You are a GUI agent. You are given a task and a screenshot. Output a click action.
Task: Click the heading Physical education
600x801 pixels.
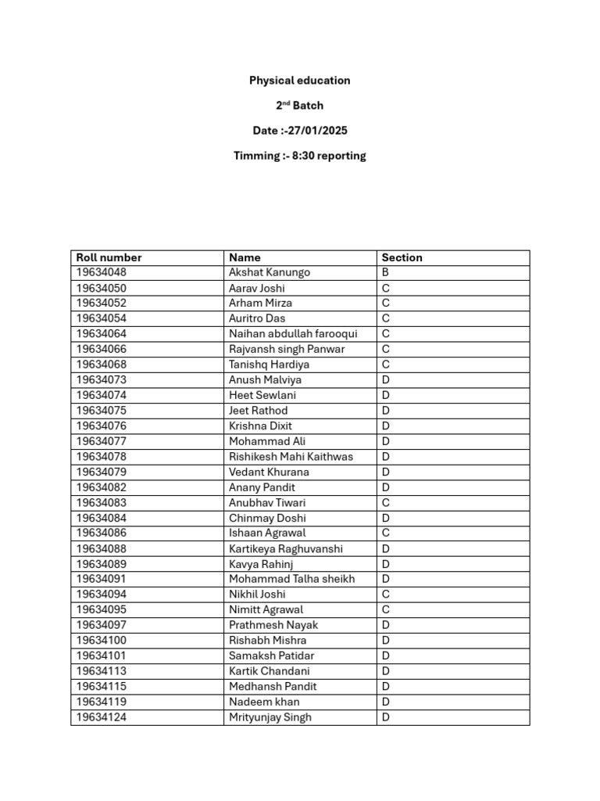[299, 81]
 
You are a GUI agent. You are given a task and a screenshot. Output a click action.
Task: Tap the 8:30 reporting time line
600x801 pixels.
[299, 156]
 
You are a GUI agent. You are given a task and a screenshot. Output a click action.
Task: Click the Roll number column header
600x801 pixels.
[109, 257]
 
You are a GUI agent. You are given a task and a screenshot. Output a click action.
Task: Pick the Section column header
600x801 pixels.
[402, 257]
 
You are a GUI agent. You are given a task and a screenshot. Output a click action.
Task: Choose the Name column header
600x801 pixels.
[245, 257]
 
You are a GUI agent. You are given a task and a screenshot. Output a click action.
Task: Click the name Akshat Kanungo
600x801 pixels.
[269, 273]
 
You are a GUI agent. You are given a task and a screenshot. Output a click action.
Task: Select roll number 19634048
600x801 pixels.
[101, 273]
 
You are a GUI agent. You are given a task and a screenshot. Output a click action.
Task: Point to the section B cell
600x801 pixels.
[385, 273]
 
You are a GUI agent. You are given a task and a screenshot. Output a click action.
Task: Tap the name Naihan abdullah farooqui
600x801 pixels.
[292, 334]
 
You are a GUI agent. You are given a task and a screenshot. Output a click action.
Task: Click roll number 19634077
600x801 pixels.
[101, 441]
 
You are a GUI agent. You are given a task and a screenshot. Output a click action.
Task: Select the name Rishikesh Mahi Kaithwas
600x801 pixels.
[291, 457]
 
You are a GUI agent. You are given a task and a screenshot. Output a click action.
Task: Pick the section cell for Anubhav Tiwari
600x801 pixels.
[385, 503]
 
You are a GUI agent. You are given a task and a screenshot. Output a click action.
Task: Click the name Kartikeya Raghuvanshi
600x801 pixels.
[285, 549]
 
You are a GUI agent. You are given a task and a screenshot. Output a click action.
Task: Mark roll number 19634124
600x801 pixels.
[101, 717]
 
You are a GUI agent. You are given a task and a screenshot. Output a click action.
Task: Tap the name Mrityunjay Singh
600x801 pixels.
[270, 717]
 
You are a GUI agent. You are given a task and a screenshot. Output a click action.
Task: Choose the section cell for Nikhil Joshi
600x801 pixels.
[385, 594]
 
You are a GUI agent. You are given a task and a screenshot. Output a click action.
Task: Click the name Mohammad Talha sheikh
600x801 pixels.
[291, 580]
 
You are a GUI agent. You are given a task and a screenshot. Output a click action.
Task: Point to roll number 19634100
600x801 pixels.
[101, 641]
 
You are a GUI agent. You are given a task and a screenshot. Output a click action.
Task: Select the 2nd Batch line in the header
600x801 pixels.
[299, 106]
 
